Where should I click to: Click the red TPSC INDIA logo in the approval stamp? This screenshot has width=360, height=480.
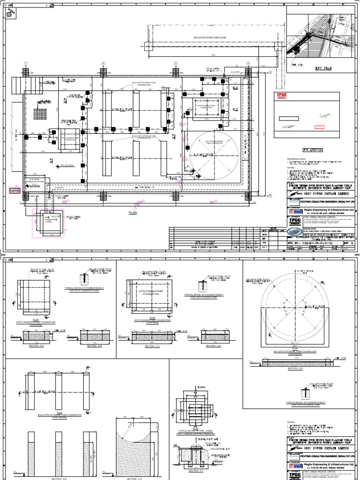[281, 97]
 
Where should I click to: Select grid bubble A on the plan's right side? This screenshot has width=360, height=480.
[270, 72]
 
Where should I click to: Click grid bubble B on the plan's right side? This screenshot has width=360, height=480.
[270, 196]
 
